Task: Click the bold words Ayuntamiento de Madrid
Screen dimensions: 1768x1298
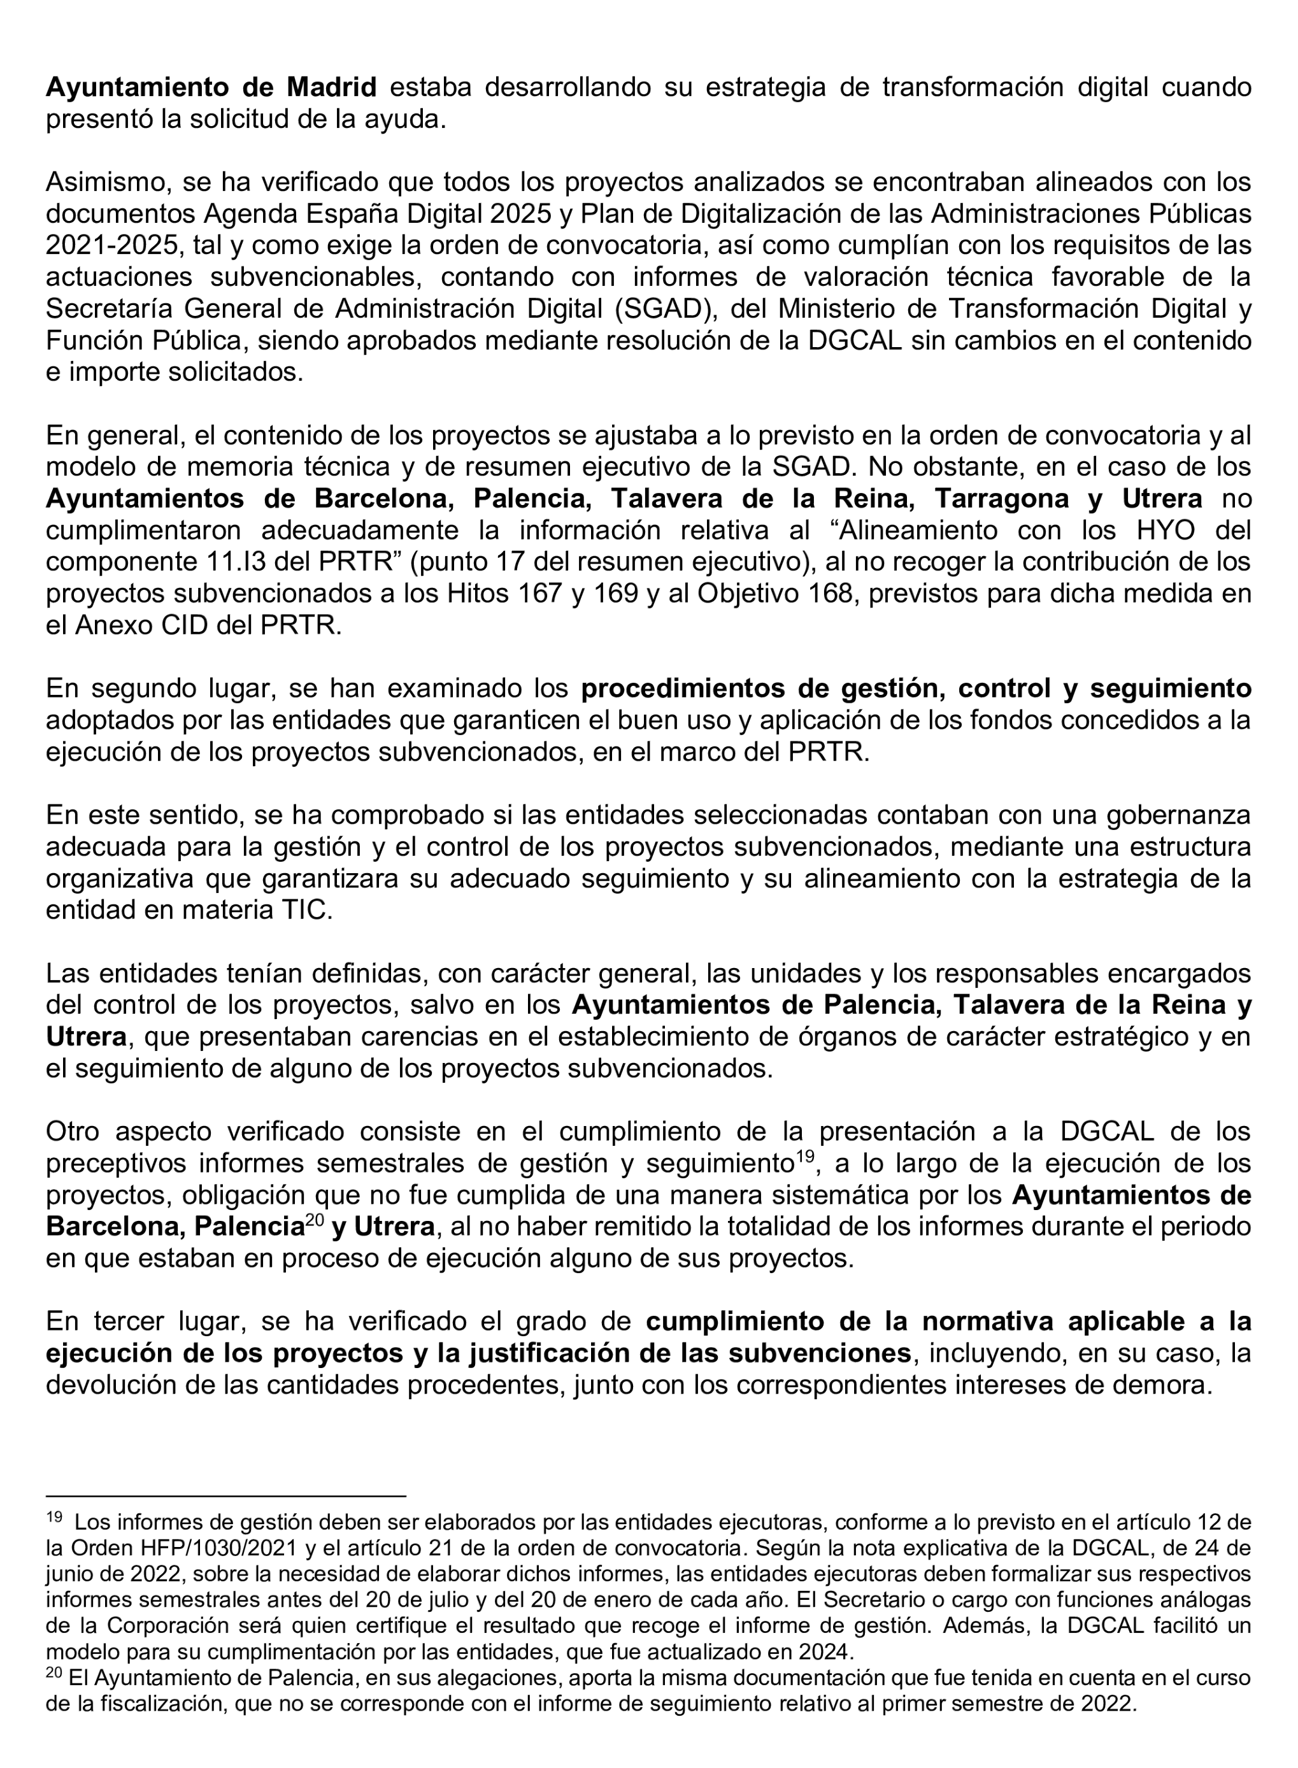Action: pyautogui.click(x=211, y=87)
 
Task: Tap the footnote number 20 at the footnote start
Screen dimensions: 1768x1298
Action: pyautogui.click(x=54, y=1672)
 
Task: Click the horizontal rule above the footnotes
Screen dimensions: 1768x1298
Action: pyautogui.click(x=225, y=1495)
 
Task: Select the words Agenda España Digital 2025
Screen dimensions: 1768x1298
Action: pyautogui.click(x=377, y=214)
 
